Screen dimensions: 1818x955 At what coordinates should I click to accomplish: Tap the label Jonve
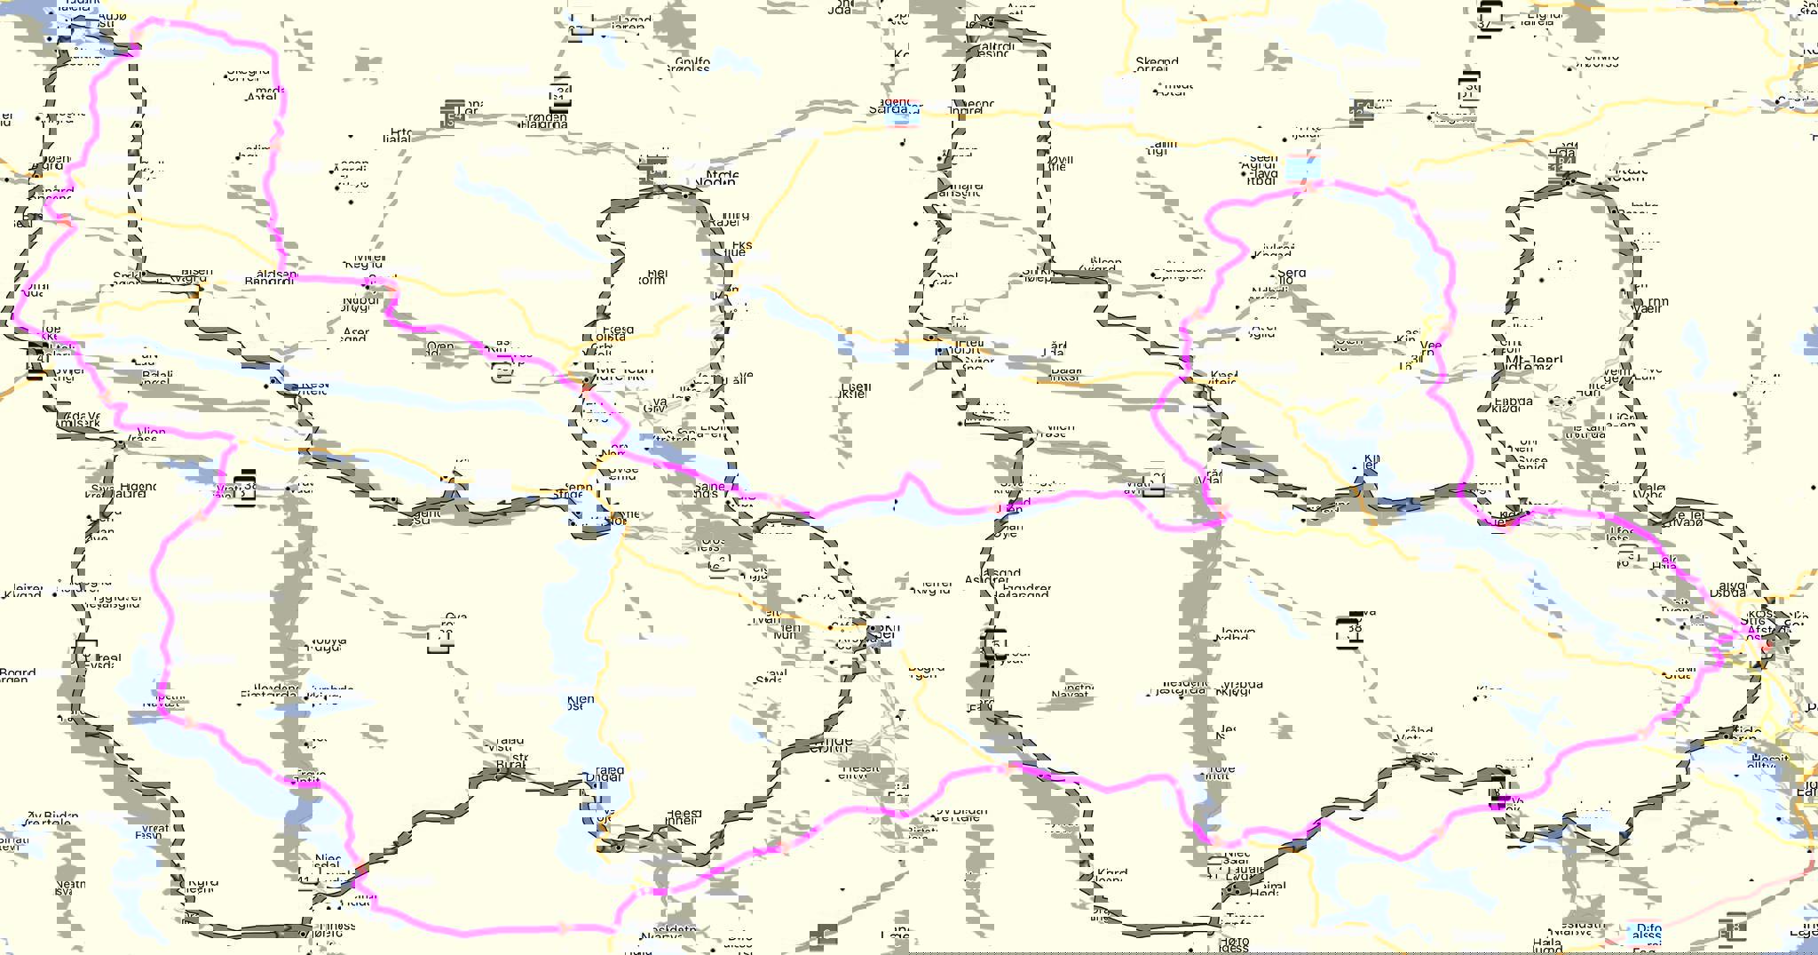point(1237,631)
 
